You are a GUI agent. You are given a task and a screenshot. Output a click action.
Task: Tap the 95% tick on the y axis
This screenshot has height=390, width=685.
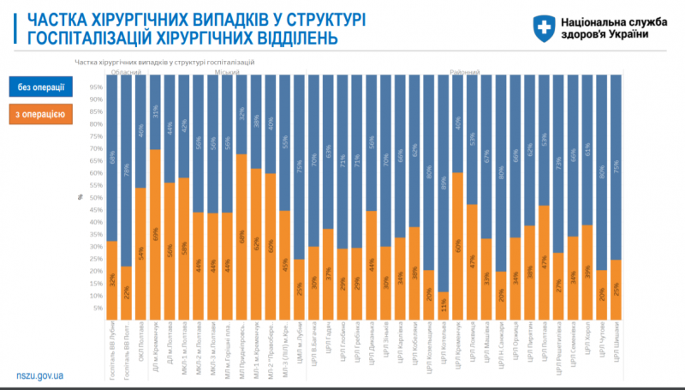point(97,87)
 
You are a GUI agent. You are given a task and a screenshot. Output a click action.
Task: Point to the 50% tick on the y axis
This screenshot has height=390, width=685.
point(97,197)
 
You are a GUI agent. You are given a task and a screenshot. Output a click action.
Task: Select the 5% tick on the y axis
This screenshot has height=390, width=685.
point(97,308)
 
